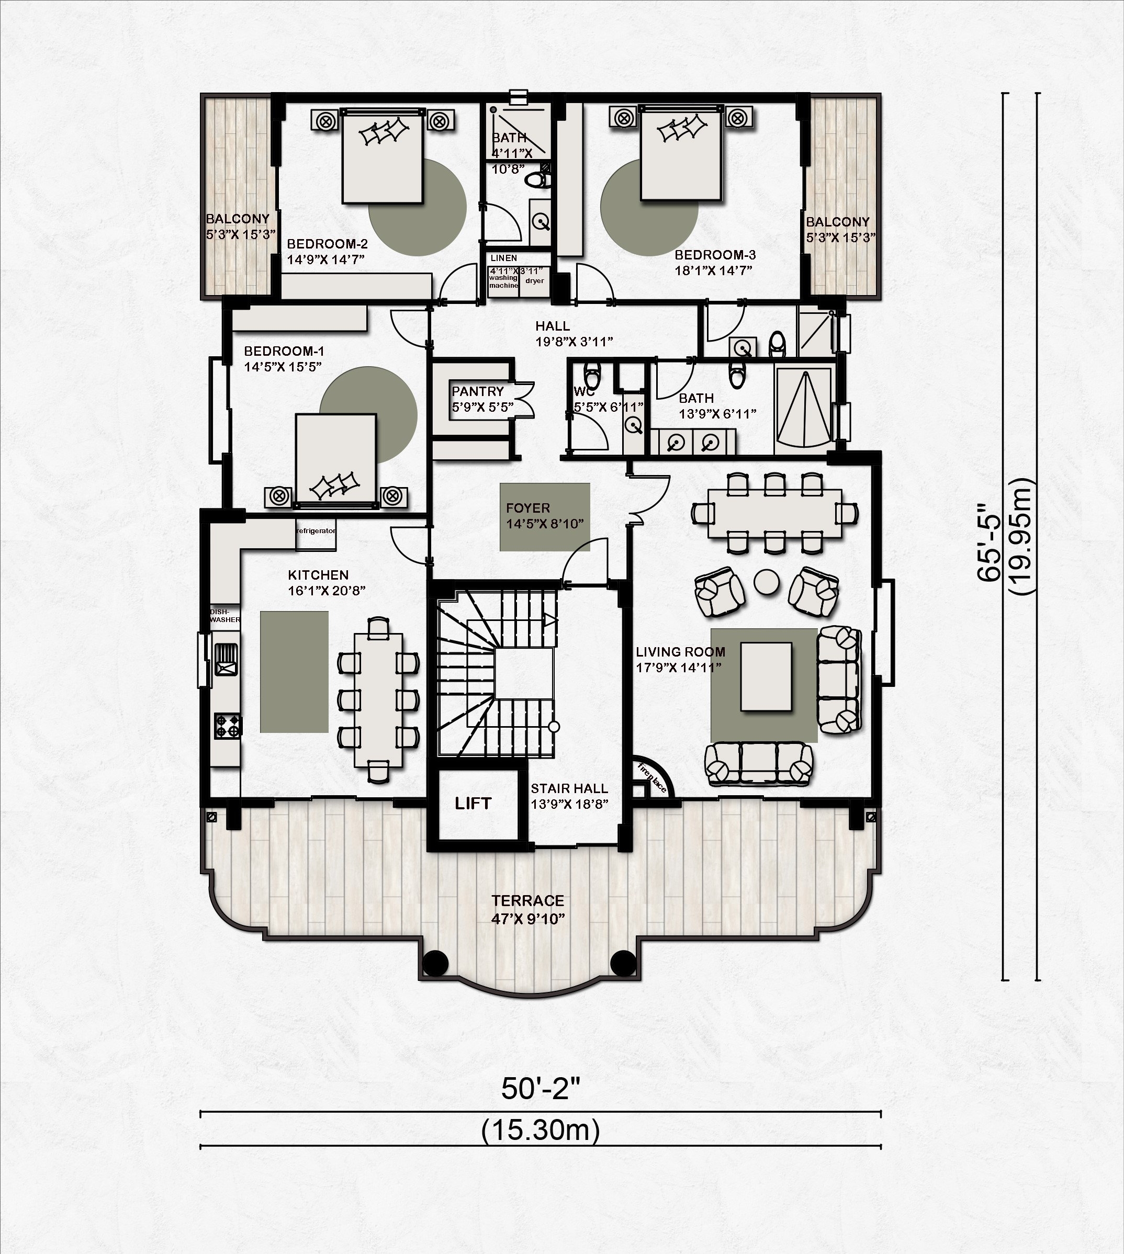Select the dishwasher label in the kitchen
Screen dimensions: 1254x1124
(225, 616)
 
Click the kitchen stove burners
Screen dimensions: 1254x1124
(228, 726)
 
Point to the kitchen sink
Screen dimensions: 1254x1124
(226, 659)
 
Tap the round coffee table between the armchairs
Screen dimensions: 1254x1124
(767, 582)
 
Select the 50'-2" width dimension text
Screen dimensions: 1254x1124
(541, 1089)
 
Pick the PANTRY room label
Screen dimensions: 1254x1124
(477, 391)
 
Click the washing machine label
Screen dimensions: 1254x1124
(503, 281)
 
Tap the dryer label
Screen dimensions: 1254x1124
(535, 281)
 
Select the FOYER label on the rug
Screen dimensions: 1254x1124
(527, 508)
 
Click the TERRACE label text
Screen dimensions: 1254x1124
(527, 901)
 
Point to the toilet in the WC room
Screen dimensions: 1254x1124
(592, 374)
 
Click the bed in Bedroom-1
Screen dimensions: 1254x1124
(335, 458)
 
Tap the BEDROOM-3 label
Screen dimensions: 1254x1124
(715, 255)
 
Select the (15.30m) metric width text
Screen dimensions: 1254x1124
(541, 1131)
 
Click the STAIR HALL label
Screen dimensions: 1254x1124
(569, 788)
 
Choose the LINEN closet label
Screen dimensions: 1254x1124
(504, 258)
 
